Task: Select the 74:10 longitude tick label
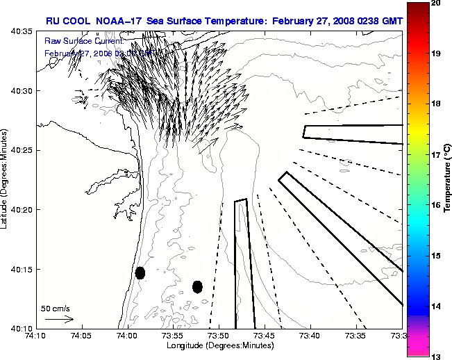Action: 36,336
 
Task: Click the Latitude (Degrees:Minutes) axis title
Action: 5,180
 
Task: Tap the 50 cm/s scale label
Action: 54,308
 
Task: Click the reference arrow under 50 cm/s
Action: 59,319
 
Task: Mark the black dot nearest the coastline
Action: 140,272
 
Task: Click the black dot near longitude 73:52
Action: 197,286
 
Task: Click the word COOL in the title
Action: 77,22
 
